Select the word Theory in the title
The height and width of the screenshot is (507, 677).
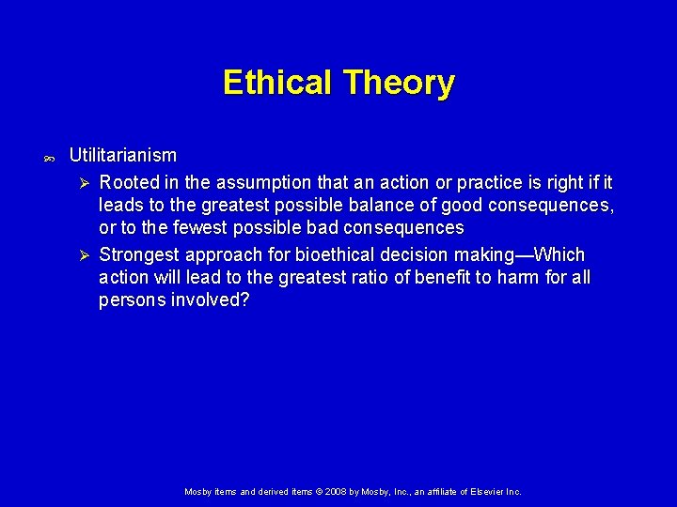pos(399,83)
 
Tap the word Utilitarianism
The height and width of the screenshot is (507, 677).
pos(122,154)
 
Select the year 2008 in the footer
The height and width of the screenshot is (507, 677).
pos(338,491)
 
